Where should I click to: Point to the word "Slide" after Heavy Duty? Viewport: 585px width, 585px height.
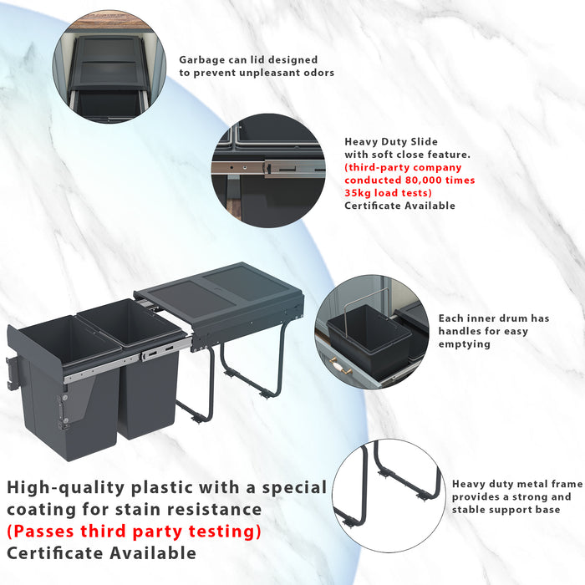click(424, 142)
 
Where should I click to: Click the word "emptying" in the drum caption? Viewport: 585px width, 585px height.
click(464, 344)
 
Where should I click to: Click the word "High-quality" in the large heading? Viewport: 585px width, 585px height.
click(66, 488)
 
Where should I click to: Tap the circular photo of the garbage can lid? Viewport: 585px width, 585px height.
click(109, 66)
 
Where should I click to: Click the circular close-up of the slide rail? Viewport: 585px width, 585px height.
click(268, 170)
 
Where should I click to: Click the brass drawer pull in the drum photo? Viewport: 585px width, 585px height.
click(340, 364)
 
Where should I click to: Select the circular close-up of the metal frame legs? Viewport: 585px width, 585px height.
click(389, 496)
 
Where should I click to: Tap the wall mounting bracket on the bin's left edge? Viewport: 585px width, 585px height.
click(12, 373)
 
